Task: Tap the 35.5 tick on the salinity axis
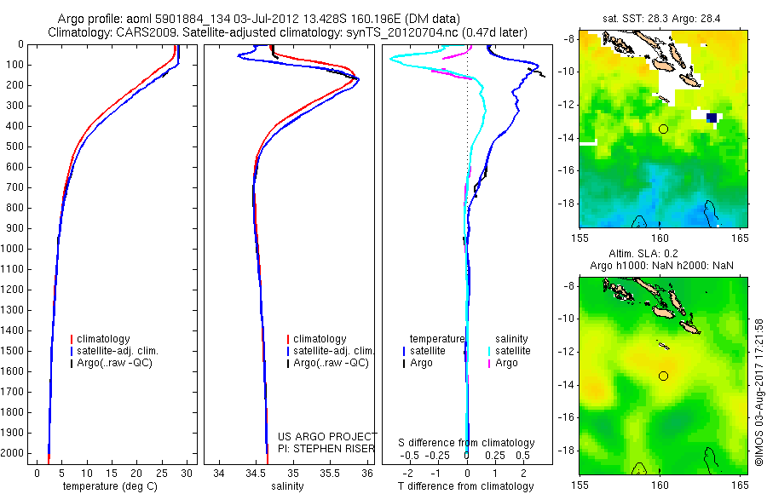pos(330,472)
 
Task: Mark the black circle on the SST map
pos(663,129)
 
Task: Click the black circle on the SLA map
pos(663,376)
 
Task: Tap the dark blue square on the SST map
pos(712,118)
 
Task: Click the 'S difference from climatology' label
pos(467,443)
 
